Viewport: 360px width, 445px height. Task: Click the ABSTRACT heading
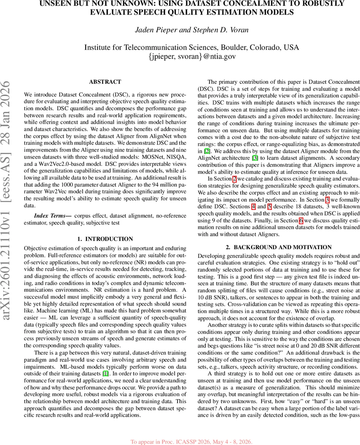tap(105, 82)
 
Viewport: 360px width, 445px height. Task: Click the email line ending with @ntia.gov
tap(191, 57)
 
